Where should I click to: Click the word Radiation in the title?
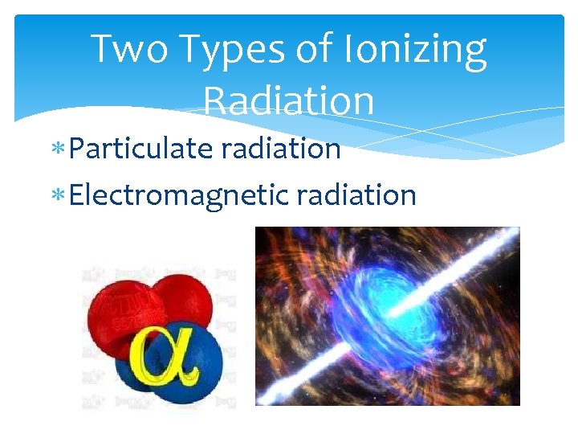click(289, 101)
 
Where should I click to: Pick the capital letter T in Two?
click(103, 50)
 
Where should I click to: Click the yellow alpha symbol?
click(165, 357)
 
